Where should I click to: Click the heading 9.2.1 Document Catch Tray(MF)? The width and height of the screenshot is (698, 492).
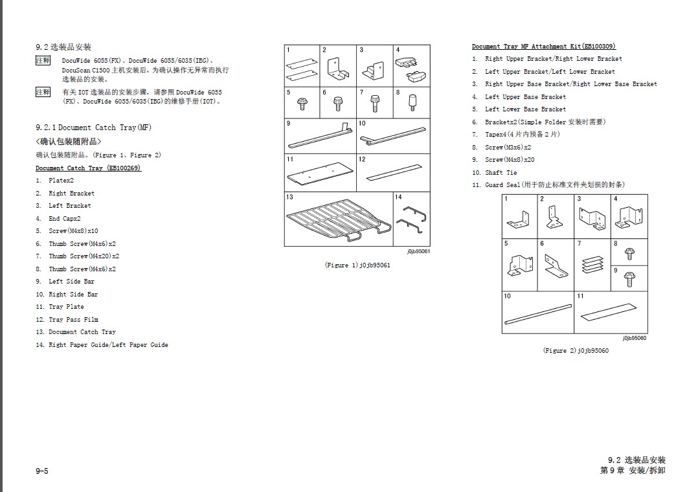93,128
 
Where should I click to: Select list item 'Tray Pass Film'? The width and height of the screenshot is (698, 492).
73,319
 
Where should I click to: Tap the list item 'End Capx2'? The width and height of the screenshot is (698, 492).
64,218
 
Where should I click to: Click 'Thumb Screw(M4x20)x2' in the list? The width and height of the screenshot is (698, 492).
84,256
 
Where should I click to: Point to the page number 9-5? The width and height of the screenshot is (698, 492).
41,471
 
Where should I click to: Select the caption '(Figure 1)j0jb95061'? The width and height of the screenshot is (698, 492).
357,265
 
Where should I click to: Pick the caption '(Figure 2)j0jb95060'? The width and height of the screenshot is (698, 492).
576,350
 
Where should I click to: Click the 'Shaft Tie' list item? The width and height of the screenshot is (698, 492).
501,172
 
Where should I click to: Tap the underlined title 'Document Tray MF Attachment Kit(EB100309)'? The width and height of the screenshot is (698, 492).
543,47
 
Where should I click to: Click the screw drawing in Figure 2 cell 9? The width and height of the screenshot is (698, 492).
628,278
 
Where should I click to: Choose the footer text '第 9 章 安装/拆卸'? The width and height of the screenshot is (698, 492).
633,471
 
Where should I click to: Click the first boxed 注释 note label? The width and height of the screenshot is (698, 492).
43,60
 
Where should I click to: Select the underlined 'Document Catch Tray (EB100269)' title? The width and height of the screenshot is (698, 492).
88,168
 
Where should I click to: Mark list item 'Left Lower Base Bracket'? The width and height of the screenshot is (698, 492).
525,109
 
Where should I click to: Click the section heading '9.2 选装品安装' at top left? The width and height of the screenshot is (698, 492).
63,47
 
